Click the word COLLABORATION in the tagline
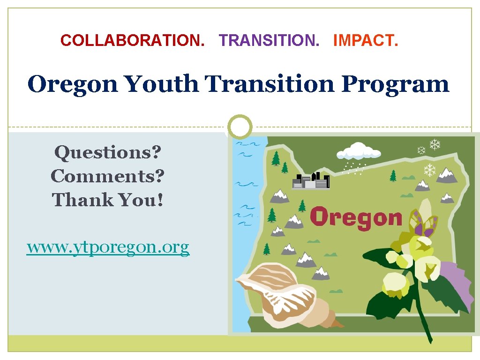(x=133, y=41)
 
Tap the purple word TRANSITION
(x=269, y=41)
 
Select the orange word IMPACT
(x=366, y=41)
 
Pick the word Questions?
(x=108, y=152)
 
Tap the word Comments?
(x=108, y=176)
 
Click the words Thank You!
(x=108, y=200)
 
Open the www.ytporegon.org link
(x=108, y=247)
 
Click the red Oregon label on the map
(x=356, y=218)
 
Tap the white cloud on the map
(x=359, y=151)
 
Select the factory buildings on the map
(x=311, y=180)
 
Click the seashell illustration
(x=281, y=293)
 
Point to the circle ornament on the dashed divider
(x=240, y=127)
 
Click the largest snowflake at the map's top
(x=435, y=144)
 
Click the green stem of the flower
(x=424, y=319)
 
